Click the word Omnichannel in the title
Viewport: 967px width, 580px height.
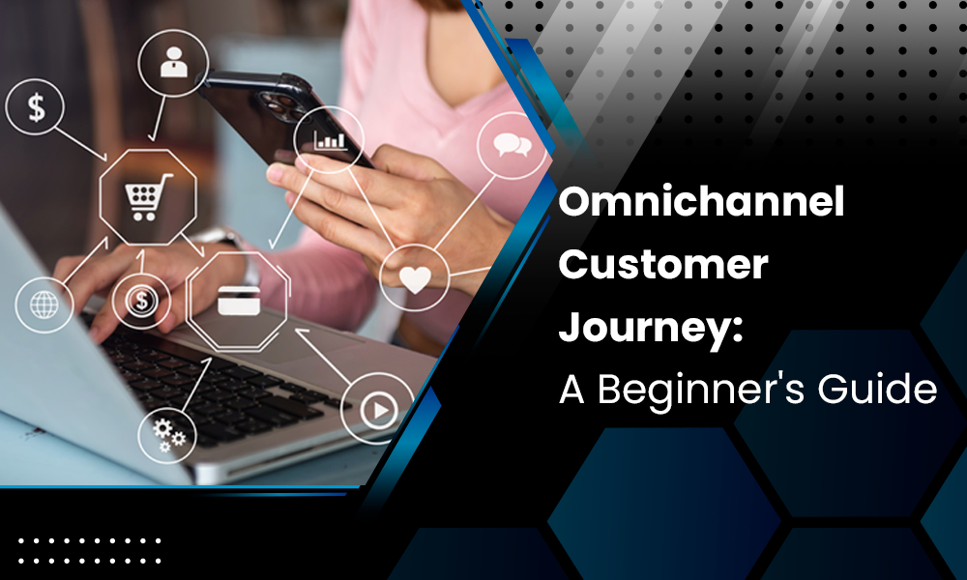pos(702,203)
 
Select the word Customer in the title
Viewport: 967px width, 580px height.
pos(663,264)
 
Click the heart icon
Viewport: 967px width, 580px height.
pos(415,278)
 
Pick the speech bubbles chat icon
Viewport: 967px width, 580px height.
pos(512,146)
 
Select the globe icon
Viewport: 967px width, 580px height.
pos(44,305)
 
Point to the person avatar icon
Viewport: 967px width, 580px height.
pos(174,61)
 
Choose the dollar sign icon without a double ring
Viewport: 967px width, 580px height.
pos(37,106)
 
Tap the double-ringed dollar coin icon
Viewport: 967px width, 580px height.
pos(141,301)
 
